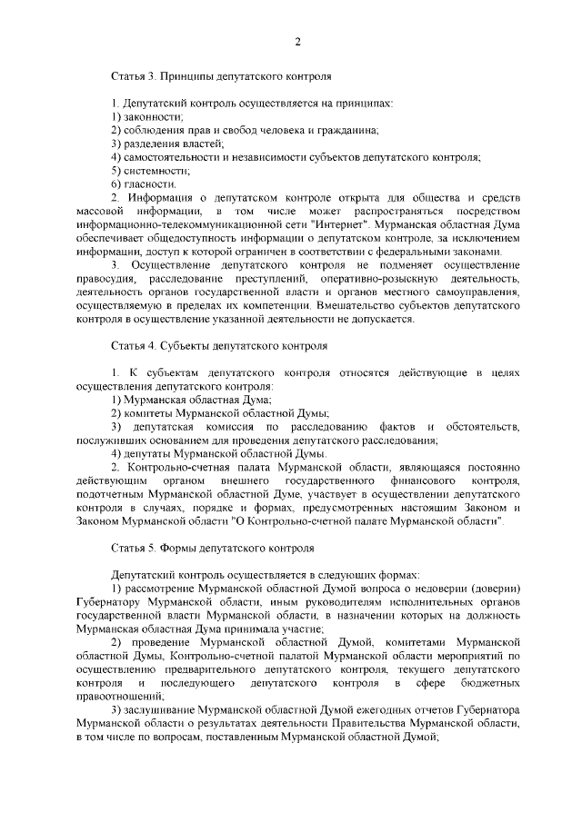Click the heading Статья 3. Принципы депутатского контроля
point(221,79)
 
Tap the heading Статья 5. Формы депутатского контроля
point(213,550)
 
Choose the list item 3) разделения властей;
point(167,144)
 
